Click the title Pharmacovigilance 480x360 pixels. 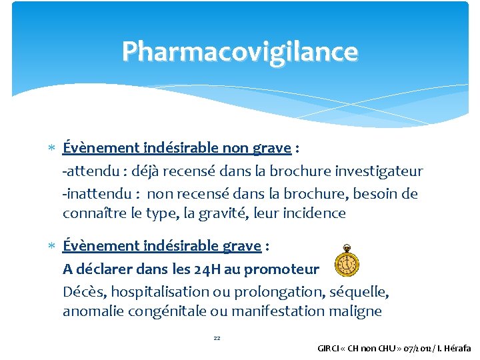point(240,51)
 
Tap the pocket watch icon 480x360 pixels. point(347,260)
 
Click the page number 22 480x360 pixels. point(217,338)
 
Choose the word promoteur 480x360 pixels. point(281,269)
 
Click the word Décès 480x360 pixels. point(84,291)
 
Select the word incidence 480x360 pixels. point(313,213)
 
